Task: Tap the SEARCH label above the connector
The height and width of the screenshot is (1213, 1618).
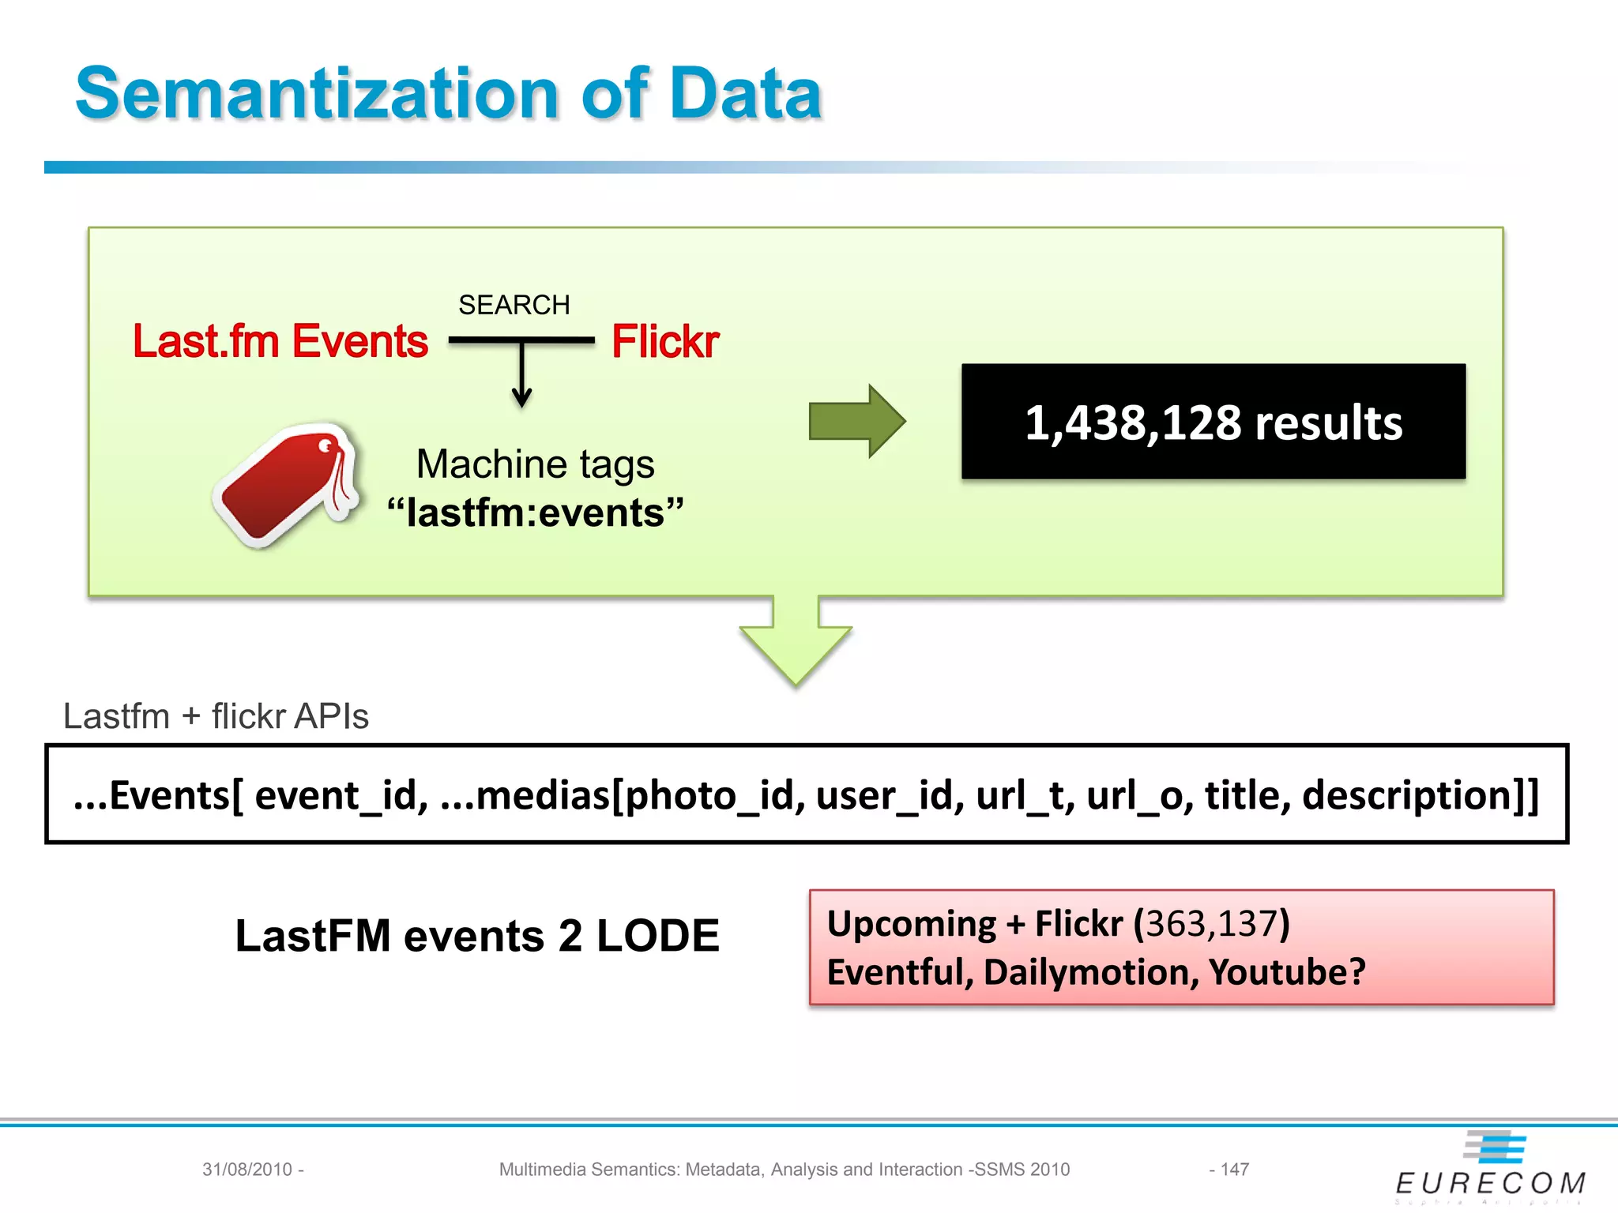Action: click(514, 305)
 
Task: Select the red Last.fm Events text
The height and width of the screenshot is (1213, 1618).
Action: click(280, 341)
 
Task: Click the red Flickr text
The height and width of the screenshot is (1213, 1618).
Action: click(665, 341)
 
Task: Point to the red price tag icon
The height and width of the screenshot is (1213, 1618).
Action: click(287, 484)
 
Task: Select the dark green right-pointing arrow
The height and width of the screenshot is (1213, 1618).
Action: click(856, 421)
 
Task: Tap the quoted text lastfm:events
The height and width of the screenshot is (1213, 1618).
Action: click(535, 513)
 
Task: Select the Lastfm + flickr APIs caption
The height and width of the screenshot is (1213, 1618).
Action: click(216, 716)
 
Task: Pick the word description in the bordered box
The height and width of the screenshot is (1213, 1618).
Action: click(1406, 794)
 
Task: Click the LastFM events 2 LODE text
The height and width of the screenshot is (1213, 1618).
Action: click(477, 936)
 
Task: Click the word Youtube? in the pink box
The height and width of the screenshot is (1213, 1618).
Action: click(1287, 972)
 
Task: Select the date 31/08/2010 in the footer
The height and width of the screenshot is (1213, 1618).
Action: click(247, 1169)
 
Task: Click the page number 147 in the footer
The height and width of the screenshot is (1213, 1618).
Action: click(1234, 1169)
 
